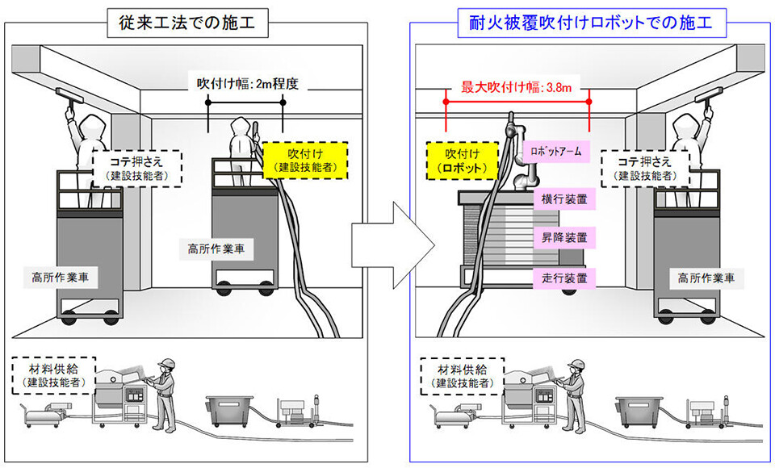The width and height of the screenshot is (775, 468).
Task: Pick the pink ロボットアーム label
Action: click(x=557, y=151)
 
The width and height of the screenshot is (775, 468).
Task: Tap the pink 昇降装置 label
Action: click(x=564, y=237)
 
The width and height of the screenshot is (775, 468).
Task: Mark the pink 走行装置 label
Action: click(x=564, y=278)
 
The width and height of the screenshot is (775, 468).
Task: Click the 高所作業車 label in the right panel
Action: click(x=706, y=278)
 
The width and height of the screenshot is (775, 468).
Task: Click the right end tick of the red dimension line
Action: click(x=590, y=102)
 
